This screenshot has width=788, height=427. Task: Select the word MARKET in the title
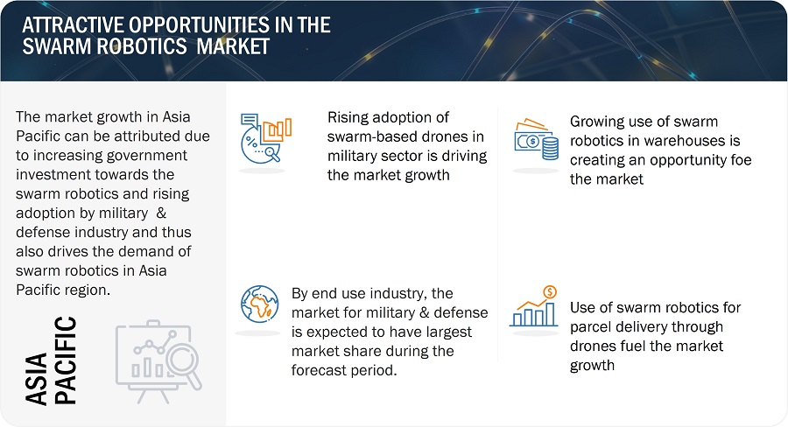point(233,46)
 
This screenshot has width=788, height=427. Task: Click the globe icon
point(259,304)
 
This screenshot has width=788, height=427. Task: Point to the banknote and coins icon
point(536,139)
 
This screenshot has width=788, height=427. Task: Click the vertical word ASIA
point(36,379)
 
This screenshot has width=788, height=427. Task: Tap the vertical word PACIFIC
point(66,360)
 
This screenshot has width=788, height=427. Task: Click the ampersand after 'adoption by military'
point(161,213)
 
